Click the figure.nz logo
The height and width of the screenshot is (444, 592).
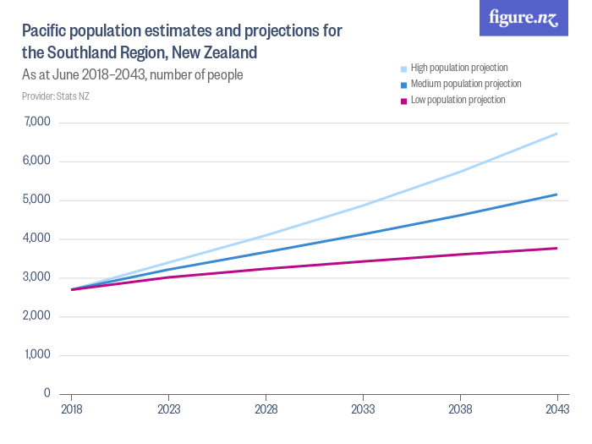(523, 19)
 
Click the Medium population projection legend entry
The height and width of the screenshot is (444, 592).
(464, 84)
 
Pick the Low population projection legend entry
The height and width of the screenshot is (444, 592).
(457, 100)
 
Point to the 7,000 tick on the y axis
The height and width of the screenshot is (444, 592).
(36, 123)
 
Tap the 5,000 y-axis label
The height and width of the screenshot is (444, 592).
(36, 200)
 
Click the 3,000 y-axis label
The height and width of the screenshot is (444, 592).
(36, 277)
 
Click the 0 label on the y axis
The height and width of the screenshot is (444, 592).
(47, 394)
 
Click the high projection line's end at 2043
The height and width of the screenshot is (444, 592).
(556, 134)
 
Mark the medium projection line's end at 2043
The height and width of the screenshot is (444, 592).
(556, 195)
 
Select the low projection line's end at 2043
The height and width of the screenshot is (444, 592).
(556, 248)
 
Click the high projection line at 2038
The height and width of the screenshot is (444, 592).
(460, 172)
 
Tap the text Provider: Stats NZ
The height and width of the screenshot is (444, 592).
(56, 96)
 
